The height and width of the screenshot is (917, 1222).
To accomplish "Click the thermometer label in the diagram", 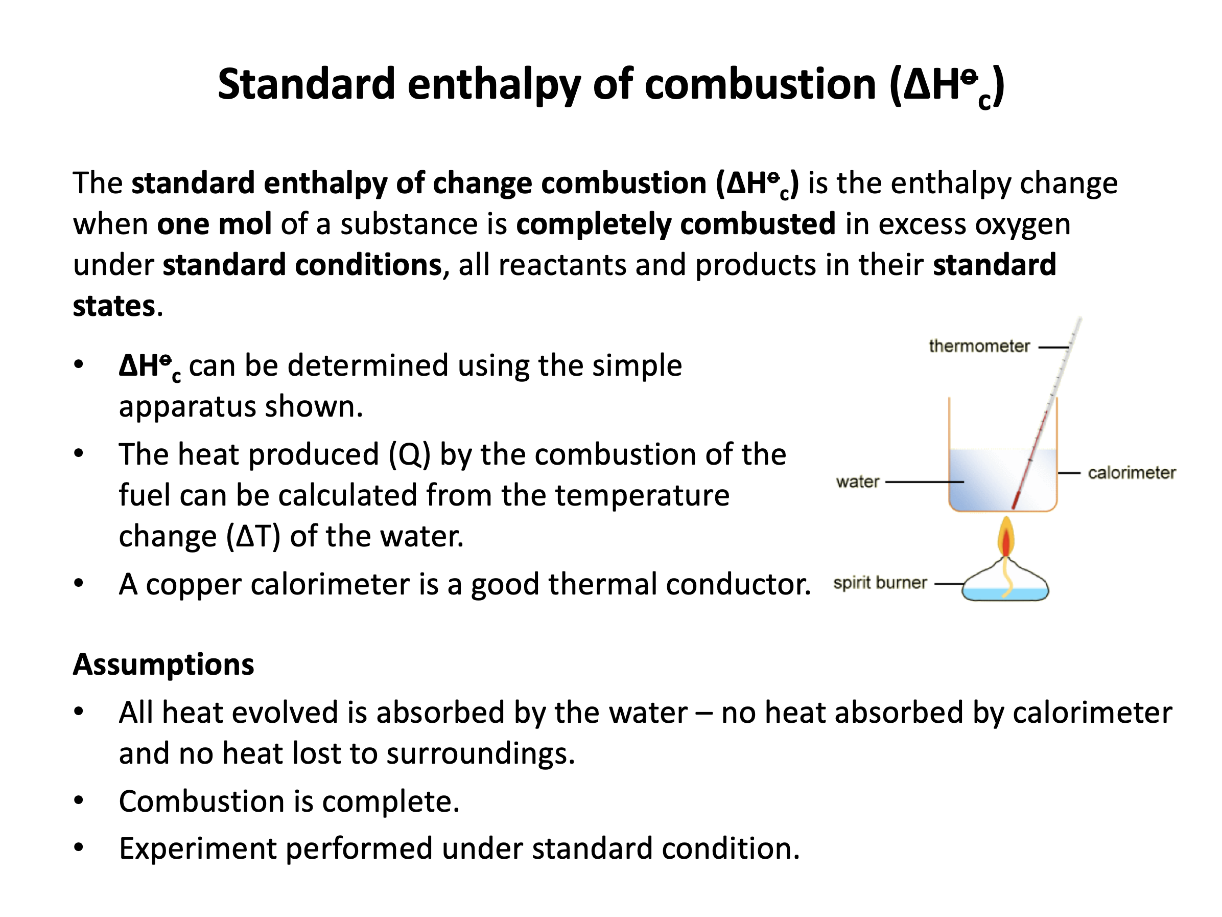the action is click(x=979, y=346).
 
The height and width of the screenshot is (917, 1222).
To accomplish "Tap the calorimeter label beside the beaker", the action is click(x=1132, y=473).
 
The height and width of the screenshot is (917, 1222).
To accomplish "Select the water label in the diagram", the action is click(x=857, y=482).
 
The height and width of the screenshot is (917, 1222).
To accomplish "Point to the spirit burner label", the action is click(x=880, y=583).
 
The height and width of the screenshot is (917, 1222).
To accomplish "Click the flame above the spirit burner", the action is click(x=1006, y=537).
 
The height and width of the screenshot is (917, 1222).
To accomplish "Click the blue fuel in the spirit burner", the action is click(x=1005, y=594).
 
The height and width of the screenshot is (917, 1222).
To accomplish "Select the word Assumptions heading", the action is click(x=163, y=664).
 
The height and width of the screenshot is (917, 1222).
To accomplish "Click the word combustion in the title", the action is click(x=760, y=84).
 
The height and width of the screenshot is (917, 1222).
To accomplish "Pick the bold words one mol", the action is click(x=215, y=224).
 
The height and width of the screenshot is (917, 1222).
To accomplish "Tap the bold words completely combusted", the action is click(x=676, y=224).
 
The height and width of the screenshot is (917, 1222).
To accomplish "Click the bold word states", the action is click(x=114, y=306).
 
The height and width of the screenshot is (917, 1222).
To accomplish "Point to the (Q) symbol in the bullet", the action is click(x=409, y=455).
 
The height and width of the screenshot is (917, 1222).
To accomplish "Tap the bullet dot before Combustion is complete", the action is click(x=79, y=800).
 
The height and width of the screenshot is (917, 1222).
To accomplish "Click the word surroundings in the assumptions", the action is click(x=481, y=753).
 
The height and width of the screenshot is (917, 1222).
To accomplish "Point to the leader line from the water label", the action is click(x=925, y=482).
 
